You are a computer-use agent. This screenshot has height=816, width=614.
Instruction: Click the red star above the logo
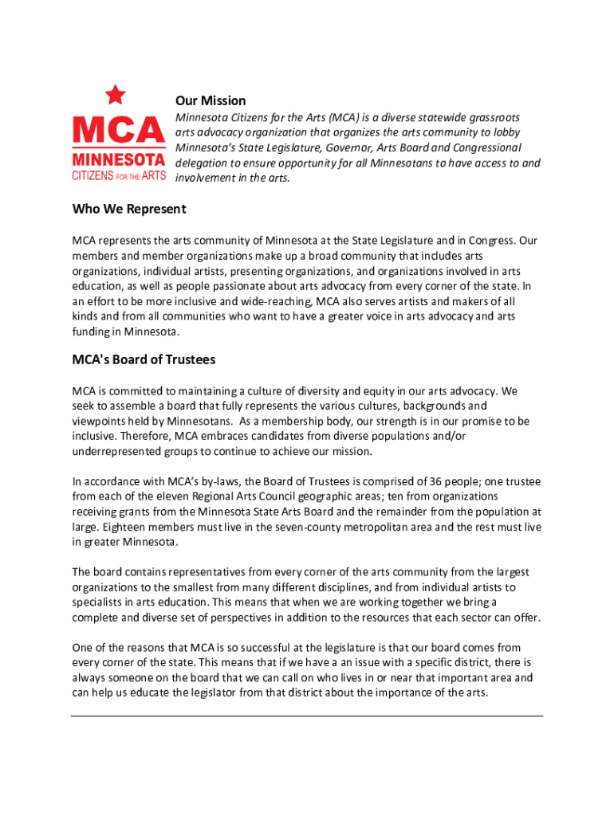coord(116,96)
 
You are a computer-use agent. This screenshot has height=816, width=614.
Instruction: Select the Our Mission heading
coord(211,101)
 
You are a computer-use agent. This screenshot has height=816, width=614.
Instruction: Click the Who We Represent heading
coord(129,209)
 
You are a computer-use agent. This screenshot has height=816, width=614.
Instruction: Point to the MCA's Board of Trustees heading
coord(144,359)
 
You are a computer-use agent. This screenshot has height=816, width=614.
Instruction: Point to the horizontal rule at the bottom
coord(307,716)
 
